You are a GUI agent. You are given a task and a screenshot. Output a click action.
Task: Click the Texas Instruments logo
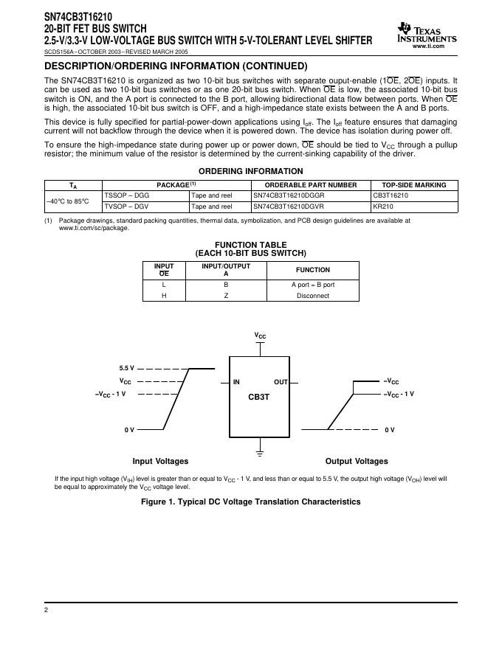427,32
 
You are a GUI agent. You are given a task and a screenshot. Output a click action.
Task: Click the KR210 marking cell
383,207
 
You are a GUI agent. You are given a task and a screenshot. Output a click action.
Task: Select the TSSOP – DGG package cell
126,196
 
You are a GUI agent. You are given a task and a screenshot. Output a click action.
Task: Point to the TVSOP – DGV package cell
126,207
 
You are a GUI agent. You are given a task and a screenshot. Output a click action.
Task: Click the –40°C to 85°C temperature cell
67,201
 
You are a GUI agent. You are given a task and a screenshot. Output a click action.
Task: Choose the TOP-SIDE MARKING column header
415,185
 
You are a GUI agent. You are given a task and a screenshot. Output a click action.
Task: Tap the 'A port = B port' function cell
313,284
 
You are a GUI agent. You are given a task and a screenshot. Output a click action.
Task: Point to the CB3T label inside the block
259,397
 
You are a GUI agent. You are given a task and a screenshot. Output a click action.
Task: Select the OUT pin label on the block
281,382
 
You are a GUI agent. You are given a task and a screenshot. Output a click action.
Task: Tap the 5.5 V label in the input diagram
127,368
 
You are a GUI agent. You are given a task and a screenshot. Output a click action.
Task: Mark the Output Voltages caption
357,462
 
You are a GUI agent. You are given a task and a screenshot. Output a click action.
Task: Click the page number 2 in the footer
46,611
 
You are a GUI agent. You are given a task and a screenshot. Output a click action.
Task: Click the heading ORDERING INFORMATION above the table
251,171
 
